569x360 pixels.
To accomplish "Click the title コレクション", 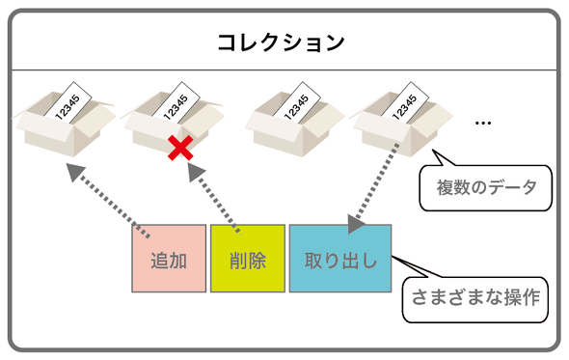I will click(280, 42).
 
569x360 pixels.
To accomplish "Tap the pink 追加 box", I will click(169, 259).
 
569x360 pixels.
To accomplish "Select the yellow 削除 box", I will click(248, 259).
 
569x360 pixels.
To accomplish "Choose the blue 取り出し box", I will click(340, 259).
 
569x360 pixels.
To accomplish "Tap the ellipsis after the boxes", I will click(483, 123).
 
